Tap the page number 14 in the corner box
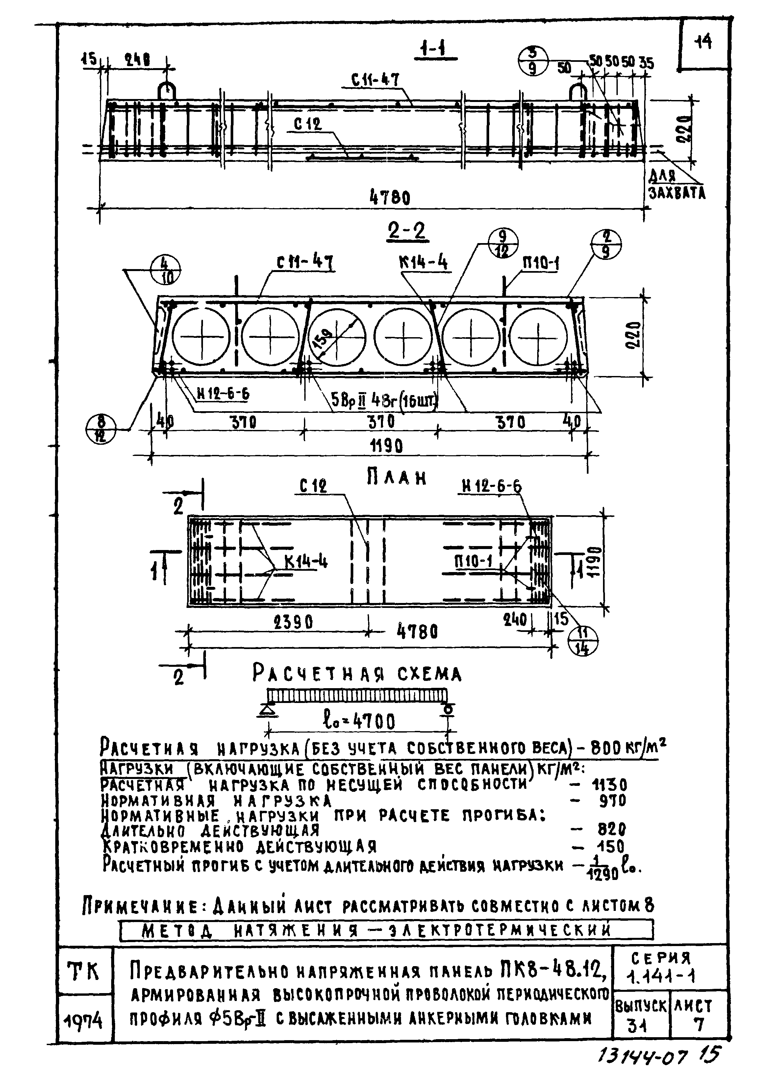703,43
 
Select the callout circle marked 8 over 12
101,428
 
